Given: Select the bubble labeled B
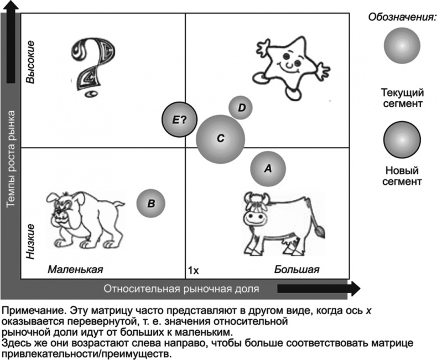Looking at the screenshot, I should pos(151,203).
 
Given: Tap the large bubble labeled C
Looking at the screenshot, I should pos(220,139).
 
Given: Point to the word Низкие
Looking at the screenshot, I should pos(32,242).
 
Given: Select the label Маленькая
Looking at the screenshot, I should pos(75,269).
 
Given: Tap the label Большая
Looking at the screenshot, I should pos(296,269).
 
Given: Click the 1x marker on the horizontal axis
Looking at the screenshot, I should pos(193,270).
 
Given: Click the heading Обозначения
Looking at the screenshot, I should pos(403,17).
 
